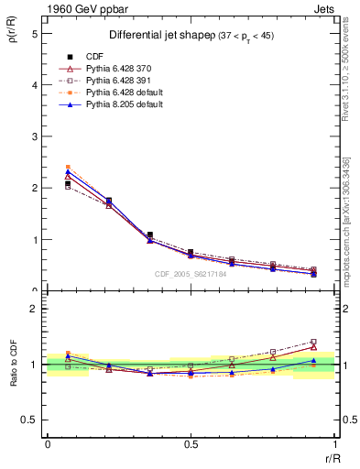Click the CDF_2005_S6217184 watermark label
(191, 275)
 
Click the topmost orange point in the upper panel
(68, 168)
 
